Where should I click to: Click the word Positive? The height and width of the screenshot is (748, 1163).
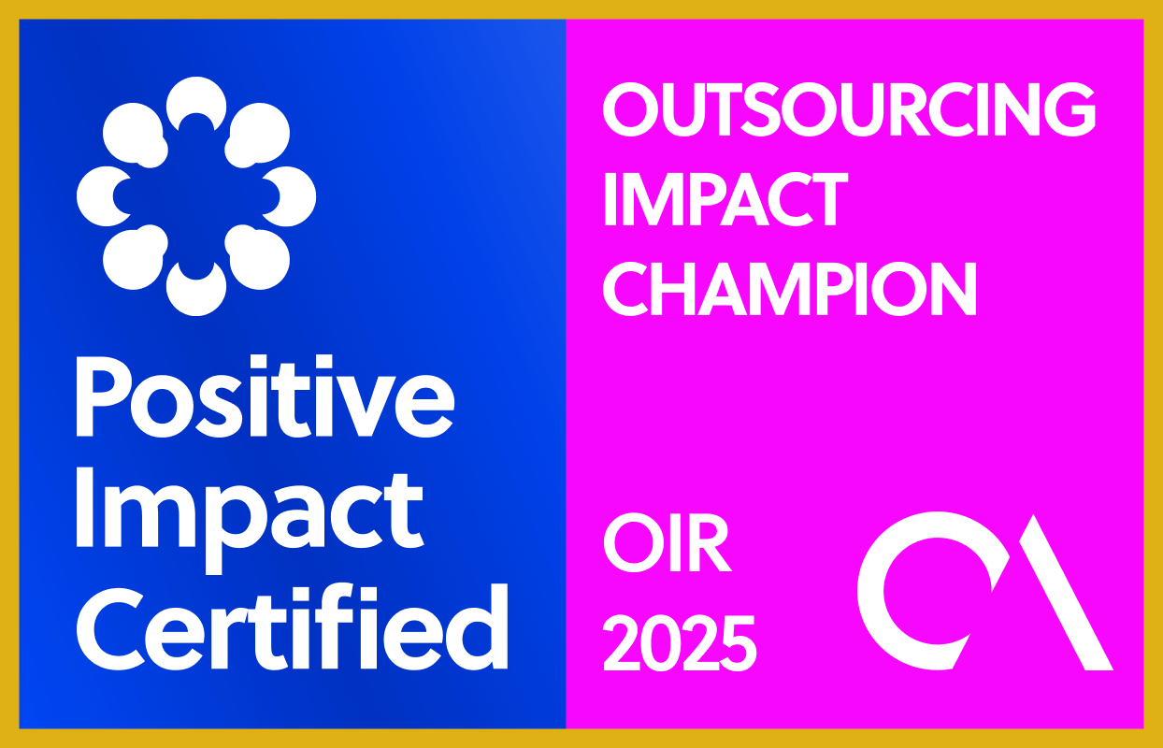[266, 396]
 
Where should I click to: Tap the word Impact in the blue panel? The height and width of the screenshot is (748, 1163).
[250, 520]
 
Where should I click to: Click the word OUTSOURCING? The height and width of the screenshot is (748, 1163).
[849, 109]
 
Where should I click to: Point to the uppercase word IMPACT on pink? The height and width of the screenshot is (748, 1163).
[725, 199]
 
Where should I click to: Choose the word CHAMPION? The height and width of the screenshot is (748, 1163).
[789, 289]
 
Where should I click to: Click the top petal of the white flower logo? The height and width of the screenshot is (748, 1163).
[196, 101]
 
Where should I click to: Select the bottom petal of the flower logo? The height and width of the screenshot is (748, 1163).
[196, 292]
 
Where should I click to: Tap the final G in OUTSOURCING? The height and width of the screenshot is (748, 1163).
[1070, 109]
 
